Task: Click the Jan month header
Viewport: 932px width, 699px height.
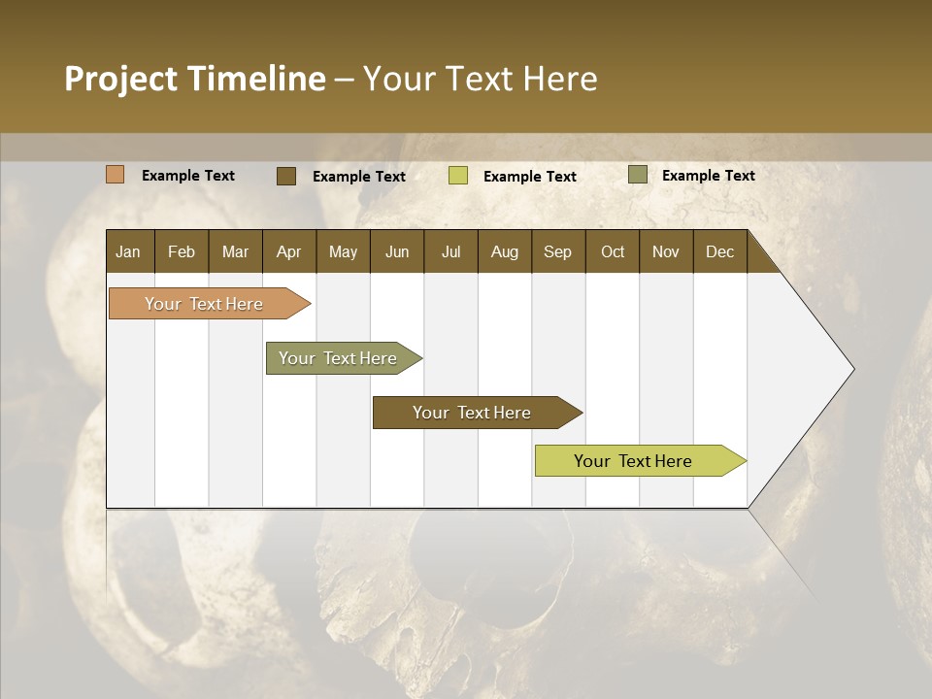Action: click(x=129, y=251)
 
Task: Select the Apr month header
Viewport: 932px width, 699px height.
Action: click(x=288, y=251)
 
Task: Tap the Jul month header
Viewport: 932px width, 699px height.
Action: click(x=450, y=251)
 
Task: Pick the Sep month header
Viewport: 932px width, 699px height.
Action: click(x=557, y=251)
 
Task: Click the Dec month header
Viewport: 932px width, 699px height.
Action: click(x=719, y=251)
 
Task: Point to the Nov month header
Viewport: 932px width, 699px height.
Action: click(x=665, y=251)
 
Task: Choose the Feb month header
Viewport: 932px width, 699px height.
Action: click(x=182, y=251)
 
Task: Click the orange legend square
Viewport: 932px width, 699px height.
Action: click(x=115, y=175)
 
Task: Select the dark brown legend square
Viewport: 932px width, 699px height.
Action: click(x=285, y=176)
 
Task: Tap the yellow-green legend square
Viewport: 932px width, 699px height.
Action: click(x=457, y=176)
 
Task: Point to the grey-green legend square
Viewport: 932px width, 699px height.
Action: click(x=637, y=175)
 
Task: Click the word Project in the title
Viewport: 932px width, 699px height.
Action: click(x=119, y=79)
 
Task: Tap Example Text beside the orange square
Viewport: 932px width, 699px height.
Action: click(x=188, y=176)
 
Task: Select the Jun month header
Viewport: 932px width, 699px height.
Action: click(x=396, y=251)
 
